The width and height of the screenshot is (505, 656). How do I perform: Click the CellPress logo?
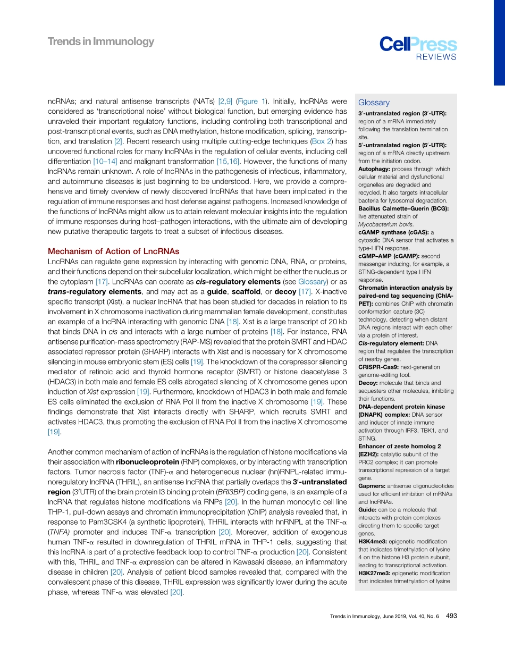tap(418, 44)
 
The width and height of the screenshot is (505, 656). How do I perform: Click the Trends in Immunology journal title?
tap(101, 41)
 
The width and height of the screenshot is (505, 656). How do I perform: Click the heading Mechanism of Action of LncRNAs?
tap(113, 251)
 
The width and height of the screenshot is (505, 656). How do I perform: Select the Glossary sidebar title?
tap(374, 103)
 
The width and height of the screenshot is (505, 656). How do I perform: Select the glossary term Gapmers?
tap(375, 486)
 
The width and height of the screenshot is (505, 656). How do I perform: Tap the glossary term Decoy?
tap(370, 383)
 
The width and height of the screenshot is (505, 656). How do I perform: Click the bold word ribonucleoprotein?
tap(147, 461)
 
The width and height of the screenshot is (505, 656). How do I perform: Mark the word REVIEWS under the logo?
tap(436, 57)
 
